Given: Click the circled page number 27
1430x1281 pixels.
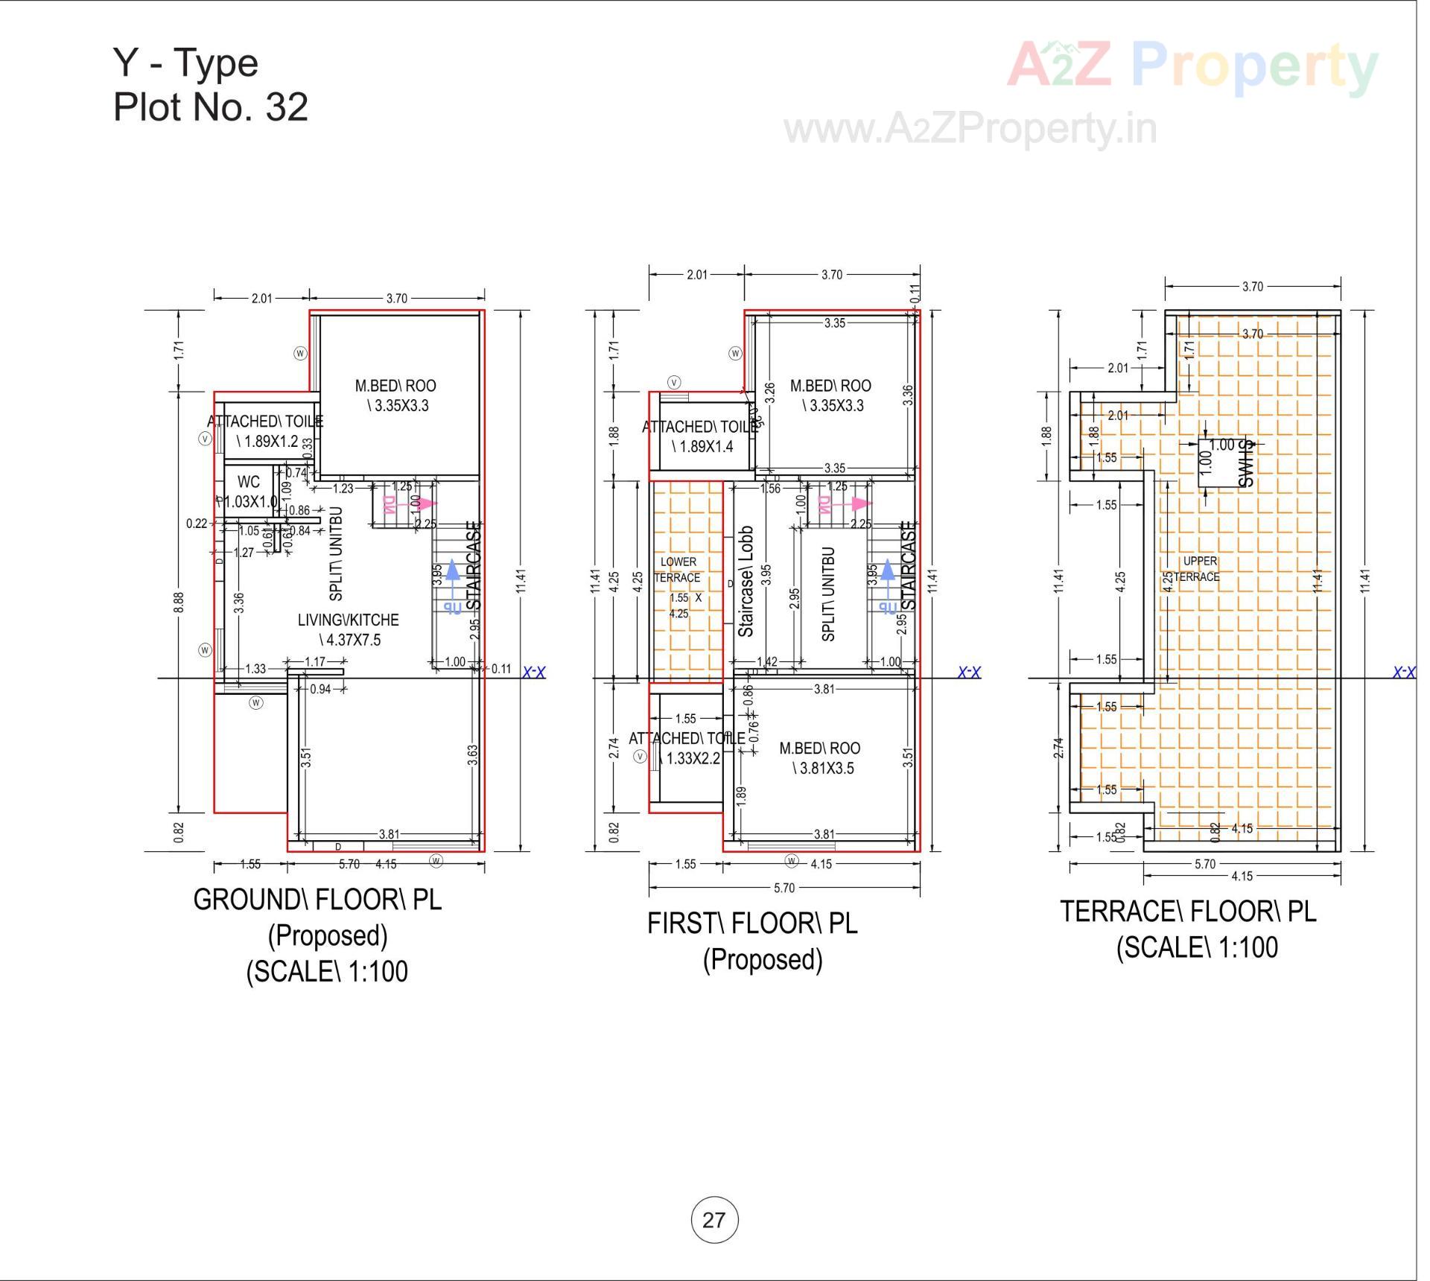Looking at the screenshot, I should (714, 1220).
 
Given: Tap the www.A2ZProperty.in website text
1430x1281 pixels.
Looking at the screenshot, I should (970, 129).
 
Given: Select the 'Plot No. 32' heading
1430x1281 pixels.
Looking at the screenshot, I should (211, 107).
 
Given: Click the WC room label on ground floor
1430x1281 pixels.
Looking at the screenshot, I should (249, 482).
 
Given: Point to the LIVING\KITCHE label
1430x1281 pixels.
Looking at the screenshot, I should (348, 620).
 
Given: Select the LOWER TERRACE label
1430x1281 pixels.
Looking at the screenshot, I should (678, 570).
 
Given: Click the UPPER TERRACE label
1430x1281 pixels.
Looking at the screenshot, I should (1199, 569).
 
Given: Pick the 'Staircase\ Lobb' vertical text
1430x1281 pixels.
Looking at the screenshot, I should (746, 581).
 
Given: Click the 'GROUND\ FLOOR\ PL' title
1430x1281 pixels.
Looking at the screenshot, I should (317, 900).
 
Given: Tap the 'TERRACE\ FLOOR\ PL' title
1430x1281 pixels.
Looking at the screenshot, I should (1188, 912).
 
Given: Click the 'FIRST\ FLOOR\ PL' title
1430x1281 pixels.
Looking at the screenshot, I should (752, 924).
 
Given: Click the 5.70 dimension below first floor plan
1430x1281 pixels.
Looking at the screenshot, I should (784, 888).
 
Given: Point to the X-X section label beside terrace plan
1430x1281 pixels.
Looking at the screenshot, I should (1404, 673).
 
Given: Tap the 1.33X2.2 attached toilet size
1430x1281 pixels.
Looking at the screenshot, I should (693, 758).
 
